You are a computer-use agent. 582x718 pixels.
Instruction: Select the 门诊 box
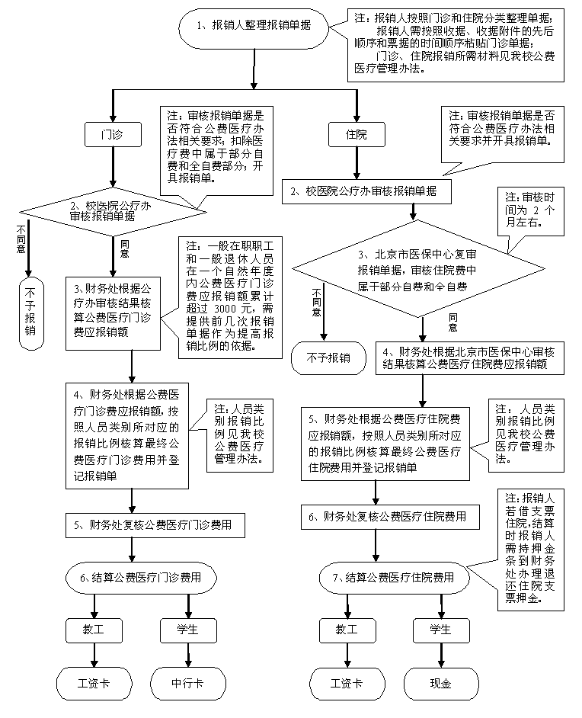point(113,134)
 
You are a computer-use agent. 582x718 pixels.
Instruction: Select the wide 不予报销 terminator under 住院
point(328,357)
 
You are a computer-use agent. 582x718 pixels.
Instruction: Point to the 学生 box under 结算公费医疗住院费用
point(440,630)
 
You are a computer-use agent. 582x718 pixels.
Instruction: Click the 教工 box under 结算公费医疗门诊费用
point(94,630)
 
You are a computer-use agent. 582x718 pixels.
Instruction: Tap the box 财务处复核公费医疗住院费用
point(391,517)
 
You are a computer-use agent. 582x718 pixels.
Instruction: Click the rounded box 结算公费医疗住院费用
point(395,577)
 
